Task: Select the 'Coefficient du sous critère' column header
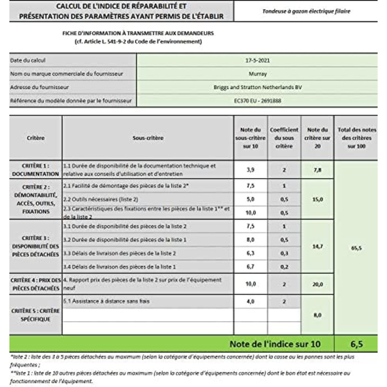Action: point(284,138)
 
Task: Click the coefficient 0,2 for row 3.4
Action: point(284,266)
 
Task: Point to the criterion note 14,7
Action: point(317,247)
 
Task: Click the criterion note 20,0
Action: point(317,284)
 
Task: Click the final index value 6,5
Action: point(356,344)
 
